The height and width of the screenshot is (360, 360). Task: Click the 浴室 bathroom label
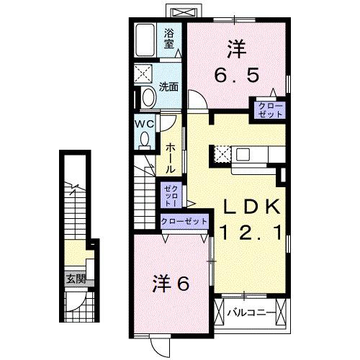(x=170, y=38)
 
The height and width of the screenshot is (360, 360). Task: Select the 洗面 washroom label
(x=168, y=87)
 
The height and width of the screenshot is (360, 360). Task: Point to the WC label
(x=145, y=123)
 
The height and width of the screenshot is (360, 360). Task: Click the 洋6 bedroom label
(x=171, y=283)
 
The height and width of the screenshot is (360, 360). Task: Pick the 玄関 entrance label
(x=76, y=279)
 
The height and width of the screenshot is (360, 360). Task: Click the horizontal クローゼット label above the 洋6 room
(x=184, y=221)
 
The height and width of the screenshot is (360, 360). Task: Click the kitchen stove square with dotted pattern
(x=222, y=154)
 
